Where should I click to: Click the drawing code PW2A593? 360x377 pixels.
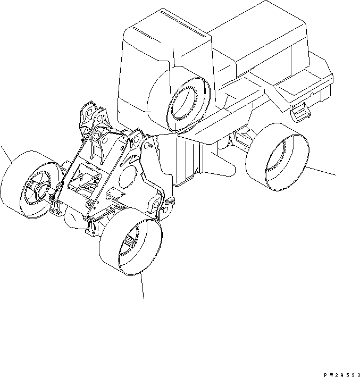point(342,375)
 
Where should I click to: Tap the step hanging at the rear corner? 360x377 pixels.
point(299,112)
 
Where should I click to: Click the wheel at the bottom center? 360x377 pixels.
point(131,241)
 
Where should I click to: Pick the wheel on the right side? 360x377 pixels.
point(277,157)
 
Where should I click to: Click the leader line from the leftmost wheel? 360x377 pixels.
point(6,154)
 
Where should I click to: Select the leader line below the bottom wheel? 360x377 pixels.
point(143,286)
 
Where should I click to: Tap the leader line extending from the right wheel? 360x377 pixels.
point(320,171)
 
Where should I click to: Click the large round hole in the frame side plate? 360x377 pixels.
point(128,177)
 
